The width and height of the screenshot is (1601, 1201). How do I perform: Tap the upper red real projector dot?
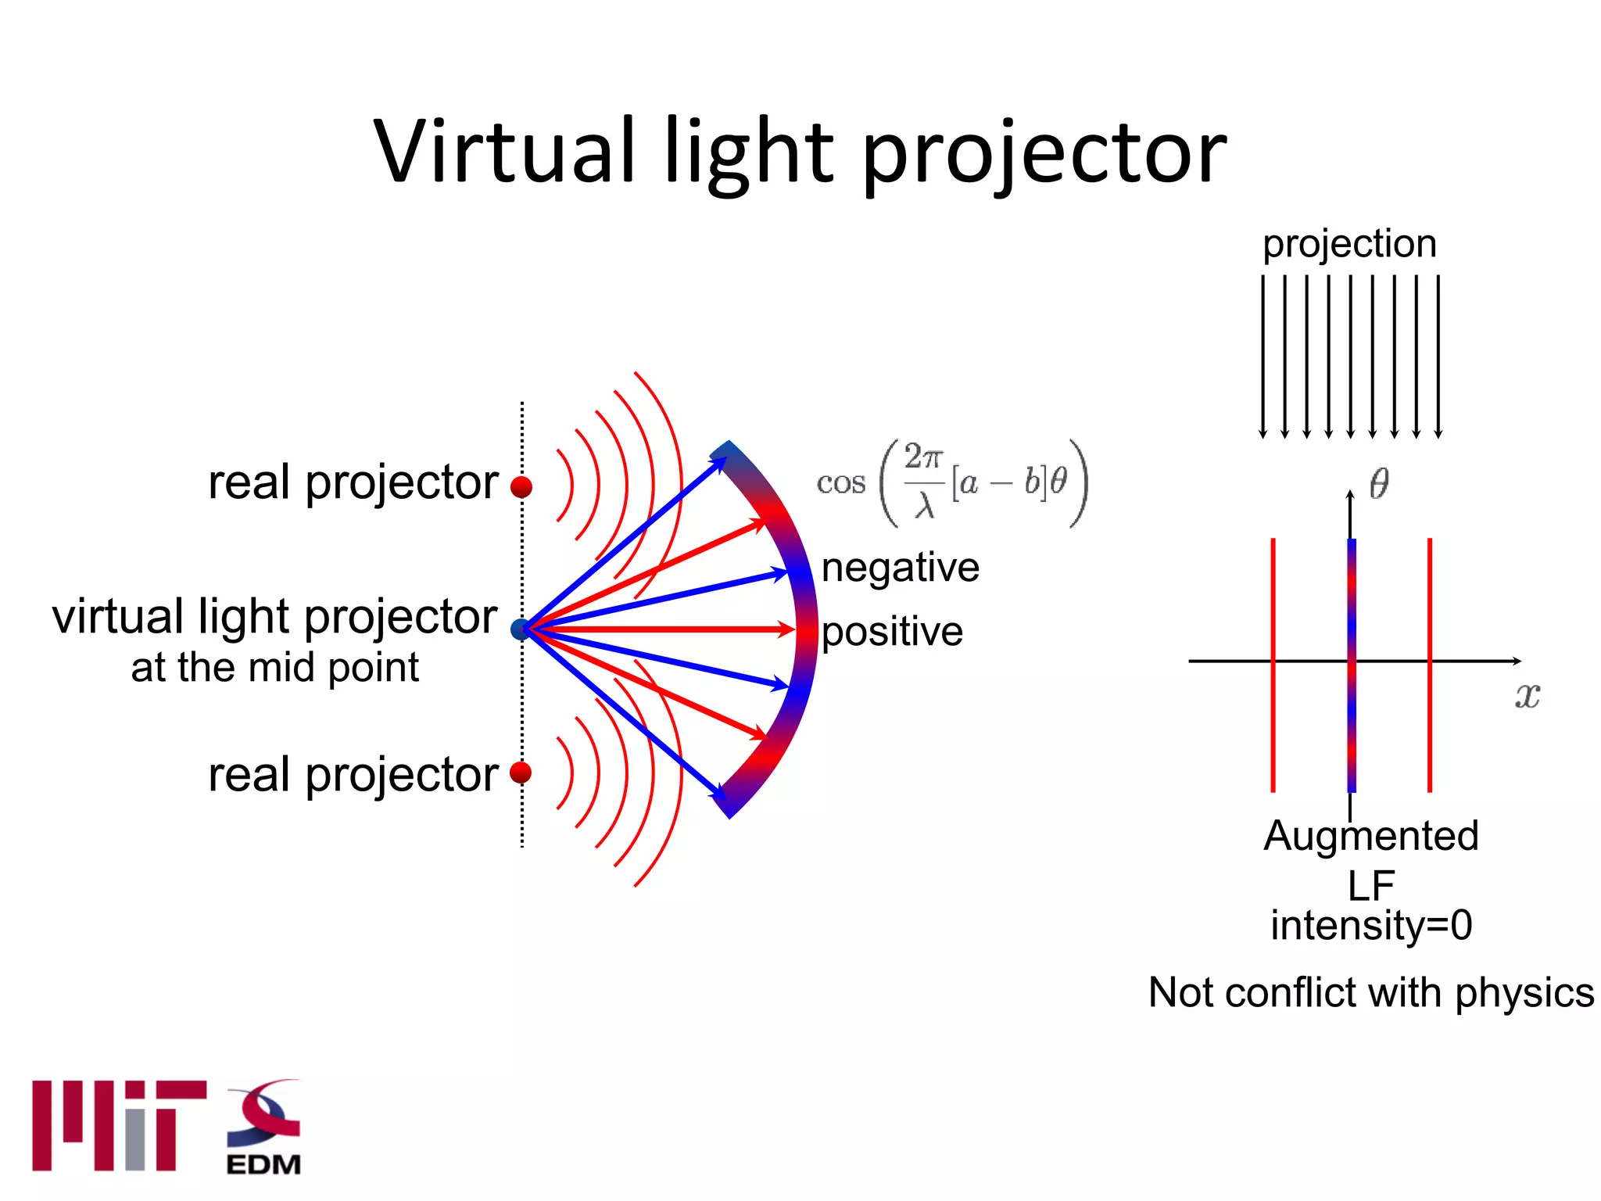521,487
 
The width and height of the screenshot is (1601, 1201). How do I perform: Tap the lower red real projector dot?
521,773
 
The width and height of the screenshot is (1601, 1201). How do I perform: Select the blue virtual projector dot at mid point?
520,629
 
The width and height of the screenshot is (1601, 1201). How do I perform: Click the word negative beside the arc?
900,567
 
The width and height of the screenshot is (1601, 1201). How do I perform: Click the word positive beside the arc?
892,632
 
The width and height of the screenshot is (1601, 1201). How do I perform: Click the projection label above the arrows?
1349,243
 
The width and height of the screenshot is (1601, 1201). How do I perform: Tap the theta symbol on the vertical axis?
1379,483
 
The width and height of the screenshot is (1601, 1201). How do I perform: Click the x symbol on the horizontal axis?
1527,694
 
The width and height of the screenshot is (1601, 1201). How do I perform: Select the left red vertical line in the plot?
1273,665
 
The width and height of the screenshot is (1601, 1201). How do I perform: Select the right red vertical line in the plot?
1430,665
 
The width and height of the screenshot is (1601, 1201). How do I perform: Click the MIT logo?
119,1126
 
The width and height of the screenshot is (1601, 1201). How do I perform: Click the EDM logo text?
263,1164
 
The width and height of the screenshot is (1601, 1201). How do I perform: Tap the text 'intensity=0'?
1371,925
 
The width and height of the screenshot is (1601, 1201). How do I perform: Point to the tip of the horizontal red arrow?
793,629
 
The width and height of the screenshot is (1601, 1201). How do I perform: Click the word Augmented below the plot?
1371,835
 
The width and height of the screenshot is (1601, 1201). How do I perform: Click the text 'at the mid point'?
274,668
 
